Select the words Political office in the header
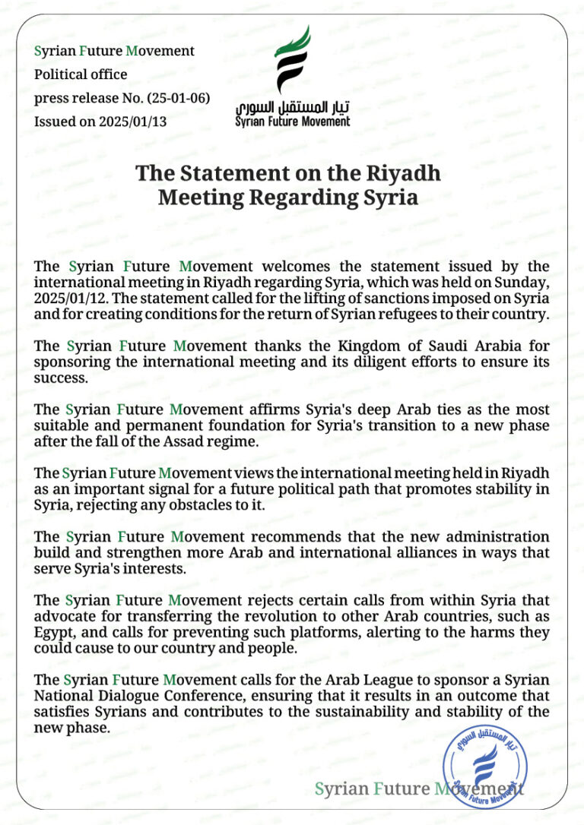(81, 74)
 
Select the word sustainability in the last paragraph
(386, 712)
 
